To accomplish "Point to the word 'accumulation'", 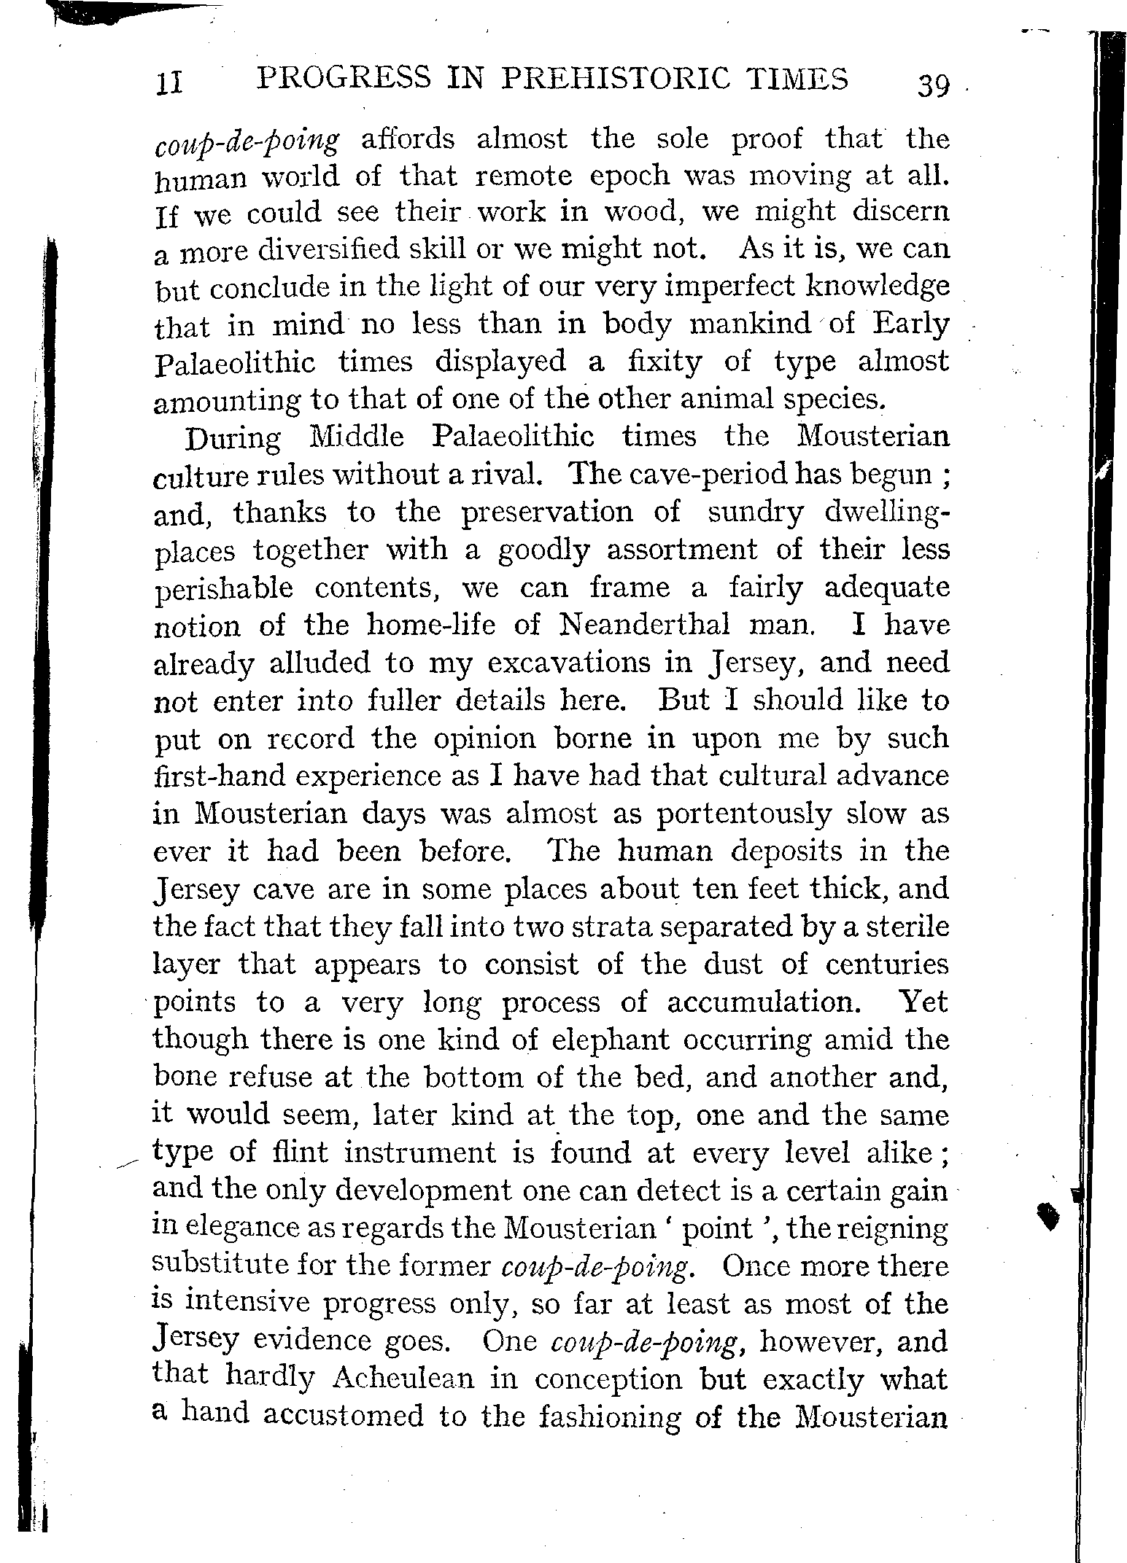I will [x=761, y=1002].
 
